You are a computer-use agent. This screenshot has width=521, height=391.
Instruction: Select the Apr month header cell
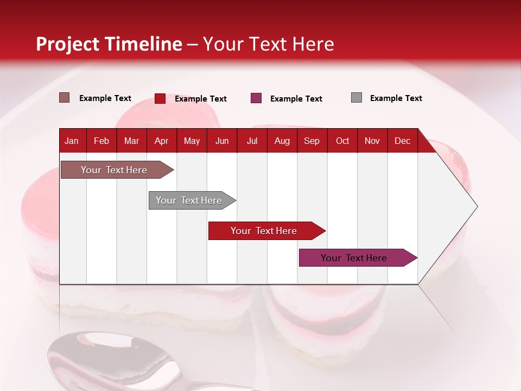tap(162, 141)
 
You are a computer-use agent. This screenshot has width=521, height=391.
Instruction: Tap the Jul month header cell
tap(252, 141)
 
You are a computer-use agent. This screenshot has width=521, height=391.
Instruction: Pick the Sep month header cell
tap(312, 141)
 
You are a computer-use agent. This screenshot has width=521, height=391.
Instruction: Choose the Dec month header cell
tap(402, 141)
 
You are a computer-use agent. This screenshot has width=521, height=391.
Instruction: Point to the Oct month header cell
tap(342, 141)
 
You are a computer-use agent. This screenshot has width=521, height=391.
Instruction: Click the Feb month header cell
tap(101, 141)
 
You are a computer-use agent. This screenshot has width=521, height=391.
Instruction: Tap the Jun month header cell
tap(222, 141)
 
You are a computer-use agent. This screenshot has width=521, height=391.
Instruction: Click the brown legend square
tap(65, 98)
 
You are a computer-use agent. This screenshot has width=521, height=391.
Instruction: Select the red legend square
tap(160, 98)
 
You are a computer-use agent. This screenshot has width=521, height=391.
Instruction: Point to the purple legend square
tap(256, 98)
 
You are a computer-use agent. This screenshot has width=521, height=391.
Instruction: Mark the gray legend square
tap(357, 98)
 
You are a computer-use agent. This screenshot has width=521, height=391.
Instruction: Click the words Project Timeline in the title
tap(109, 44)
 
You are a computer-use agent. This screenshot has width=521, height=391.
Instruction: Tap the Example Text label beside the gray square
tap(396, 98)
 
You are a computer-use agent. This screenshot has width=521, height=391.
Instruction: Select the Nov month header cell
tap(372, 141)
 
